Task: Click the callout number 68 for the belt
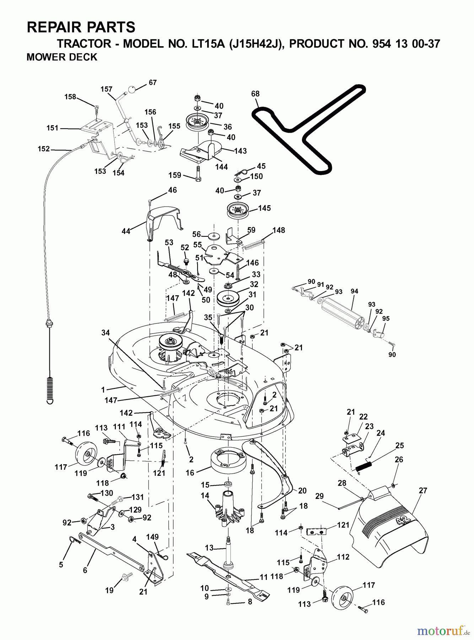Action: (x=255, y=94)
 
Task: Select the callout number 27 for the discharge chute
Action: (x=423, y=490)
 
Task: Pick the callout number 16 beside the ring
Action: (x=190, y=473)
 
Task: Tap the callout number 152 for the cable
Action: (x=44, y=149)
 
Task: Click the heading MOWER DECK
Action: (x=62, y=57)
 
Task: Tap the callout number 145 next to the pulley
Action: (x=264, y=208)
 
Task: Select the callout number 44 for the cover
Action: (x=126, y=231)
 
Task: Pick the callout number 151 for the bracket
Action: (x=52, y=128)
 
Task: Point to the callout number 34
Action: (x=105, y=333)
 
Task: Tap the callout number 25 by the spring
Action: (x=399, y=446)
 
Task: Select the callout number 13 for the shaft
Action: (x=209, y=548)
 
